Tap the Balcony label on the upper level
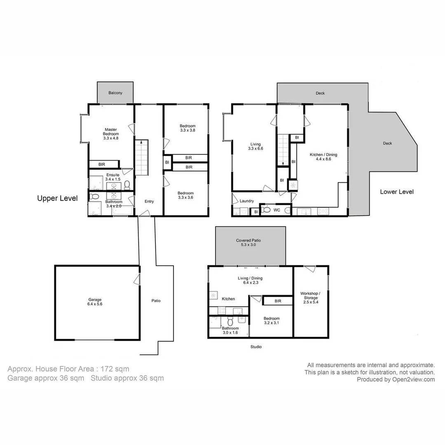115,93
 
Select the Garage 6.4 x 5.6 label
95,302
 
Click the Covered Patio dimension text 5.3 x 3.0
248,245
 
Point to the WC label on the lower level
277,210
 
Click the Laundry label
246,201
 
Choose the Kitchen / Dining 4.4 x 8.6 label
323,157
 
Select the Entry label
149,201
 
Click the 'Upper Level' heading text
57,198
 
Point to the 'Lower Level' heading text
396,192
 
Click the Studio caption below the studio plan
256,347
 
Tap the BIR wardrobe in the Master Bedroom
101,164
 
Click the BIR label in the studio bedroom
278,301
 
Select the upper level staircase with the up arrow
141,157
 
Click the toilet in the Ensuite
127,184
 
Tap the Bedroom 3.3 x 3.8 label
187,128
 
